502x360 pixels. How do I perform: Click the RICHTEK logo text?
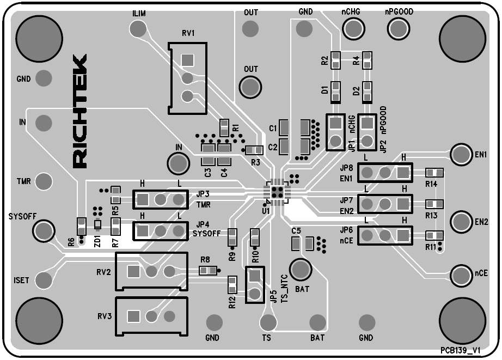point(79,111)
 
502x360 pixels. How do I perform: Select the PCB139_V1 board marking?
point(460,352)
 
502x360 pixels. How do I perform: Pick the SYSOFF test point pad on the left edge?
point(43,231)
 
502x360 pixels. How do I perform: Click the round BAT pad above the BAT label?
point(300,269)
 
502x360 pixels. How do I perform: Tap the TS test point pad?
point(267,322)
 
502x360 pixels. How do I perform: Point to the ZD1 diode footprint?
point(98,225)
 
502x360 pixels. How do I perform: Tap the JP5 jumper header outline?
point(254,284)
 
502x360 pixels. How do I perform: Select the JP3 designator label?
point(203,194)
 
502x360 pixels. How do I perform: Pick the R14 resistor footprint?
point(434,173)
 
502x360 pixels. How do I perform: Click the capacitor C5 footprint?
point(309,243)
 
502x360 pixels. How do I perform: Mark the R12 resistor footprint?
point(232,284)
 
